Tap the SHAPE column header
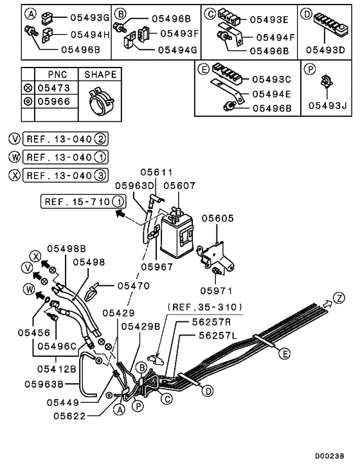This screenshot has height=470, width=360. (101, 75)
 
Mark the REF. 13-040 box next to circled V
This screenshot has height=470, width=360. (59, 138)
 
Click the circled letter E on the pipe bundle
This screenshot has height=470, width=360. (283, 352)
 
